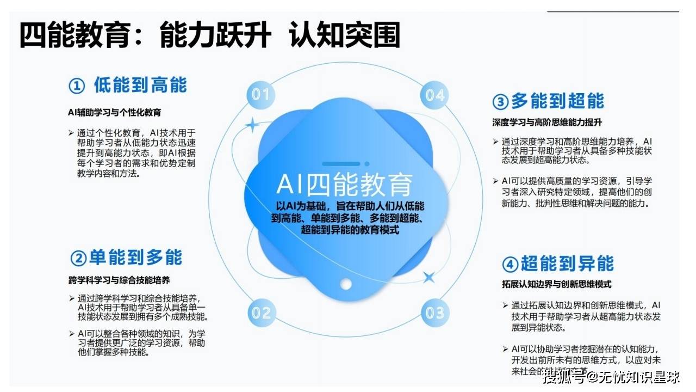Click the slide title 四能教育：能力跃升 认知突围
210,36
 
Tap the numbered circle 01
260,95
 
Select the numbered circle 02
261,313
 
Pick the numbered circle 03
434,313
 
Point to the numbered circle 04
434,95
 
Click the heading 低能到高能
140,85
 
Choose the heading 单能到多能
135,258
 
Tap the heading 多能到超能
557,101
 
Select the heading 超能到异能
567,264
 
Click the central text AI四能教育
344,185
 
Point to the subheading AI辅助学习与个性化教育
114,113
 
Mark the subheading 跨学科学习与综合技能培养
119,280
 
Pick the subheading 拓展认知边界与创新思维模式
557,284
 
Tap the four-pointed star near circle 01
252,125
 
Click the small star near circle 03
428,277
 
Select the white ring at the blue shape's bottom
346,284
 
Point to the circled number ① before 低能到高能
77,86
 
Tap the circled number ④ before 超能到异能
509,265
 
